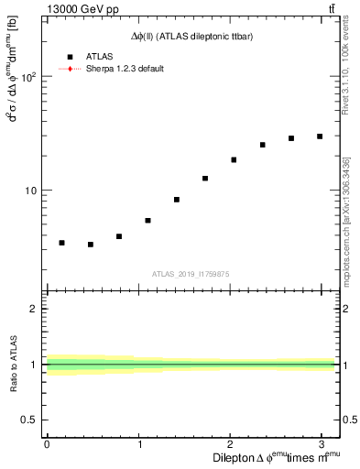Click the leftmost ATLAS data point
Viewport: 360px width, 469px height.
[61, 243]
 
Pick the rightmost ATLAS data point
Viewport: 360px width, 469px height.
[320, 136]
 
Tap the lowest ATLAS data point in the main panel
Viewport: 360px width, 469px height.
[90, 245]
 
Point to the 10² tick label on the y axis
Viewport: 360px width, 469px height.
[27, 78]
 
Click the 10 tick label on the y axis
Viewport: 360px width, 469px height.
[30, 191]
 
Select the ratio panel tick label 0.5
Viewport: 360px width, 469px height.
[29, 420]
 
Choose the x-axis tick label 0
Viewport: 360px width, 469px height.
[47, 444]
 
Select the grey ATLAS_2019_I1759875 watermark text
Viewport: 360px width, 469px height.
[191, 273]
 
